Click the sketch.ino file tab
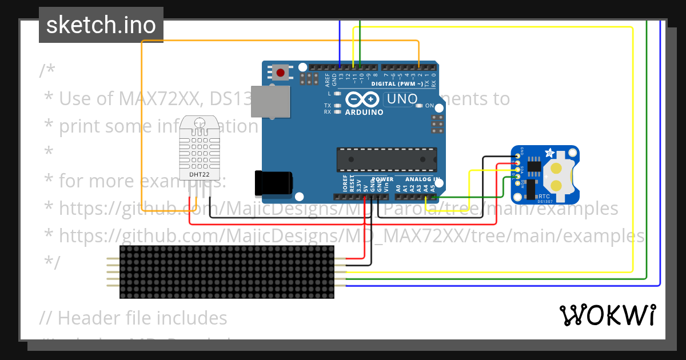[x=101, y=25]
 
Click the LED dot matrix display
[x=227, y=272]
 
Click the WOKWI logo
[x=607, y=315]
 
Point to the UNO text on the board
[x=402, y=99]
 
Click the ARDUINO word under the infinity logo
[x=364, y=113]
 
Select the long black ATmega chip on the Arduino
[x=386, y=159]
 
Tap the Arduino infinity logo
[x=363, y=99]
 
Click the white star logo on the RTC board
[x=550, y=153]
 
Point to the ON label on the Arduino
[x=429, y=106]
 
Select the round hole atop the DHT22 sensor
[x=200, y=122]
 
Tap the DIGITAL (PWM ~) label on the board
[x=396, y=83]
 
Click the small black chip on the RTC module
[x=535, y=166]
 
